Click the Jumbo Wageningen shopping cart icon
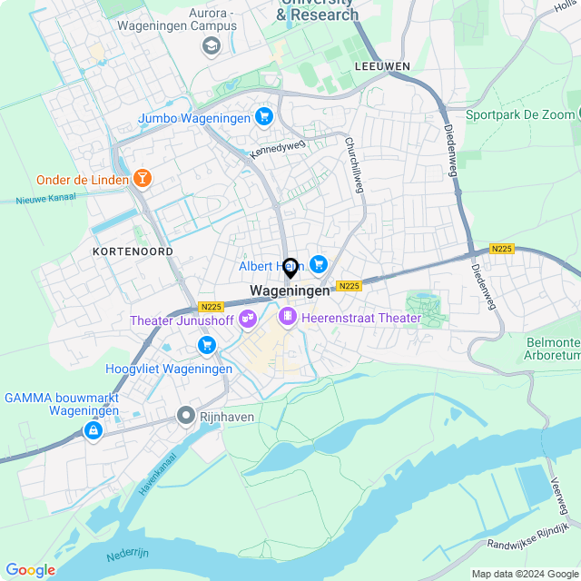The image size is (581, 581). (264, 116)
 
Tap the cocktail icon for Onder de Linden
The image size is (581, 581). (142, 178)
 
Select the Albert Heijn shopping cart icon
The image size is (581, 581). (318, 264)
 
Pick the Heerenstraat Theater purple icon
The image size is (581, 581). (288, 317)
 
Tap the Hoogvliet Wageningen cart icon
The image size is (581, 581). (207, 345)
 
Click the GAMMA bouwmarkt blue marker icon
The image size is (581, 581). (93, 430)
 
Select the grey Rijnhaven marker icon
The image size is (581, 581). (186, 416)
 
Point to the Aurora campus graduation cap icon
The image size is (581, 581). (212, 45)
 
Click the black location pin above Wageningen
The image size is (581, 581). (290, 268)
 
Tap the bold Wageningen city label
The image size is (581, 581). (290, 290)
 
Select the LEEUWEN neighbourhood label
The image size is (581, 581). (382, 66)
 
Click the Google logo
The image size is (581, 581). (30, 569)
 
